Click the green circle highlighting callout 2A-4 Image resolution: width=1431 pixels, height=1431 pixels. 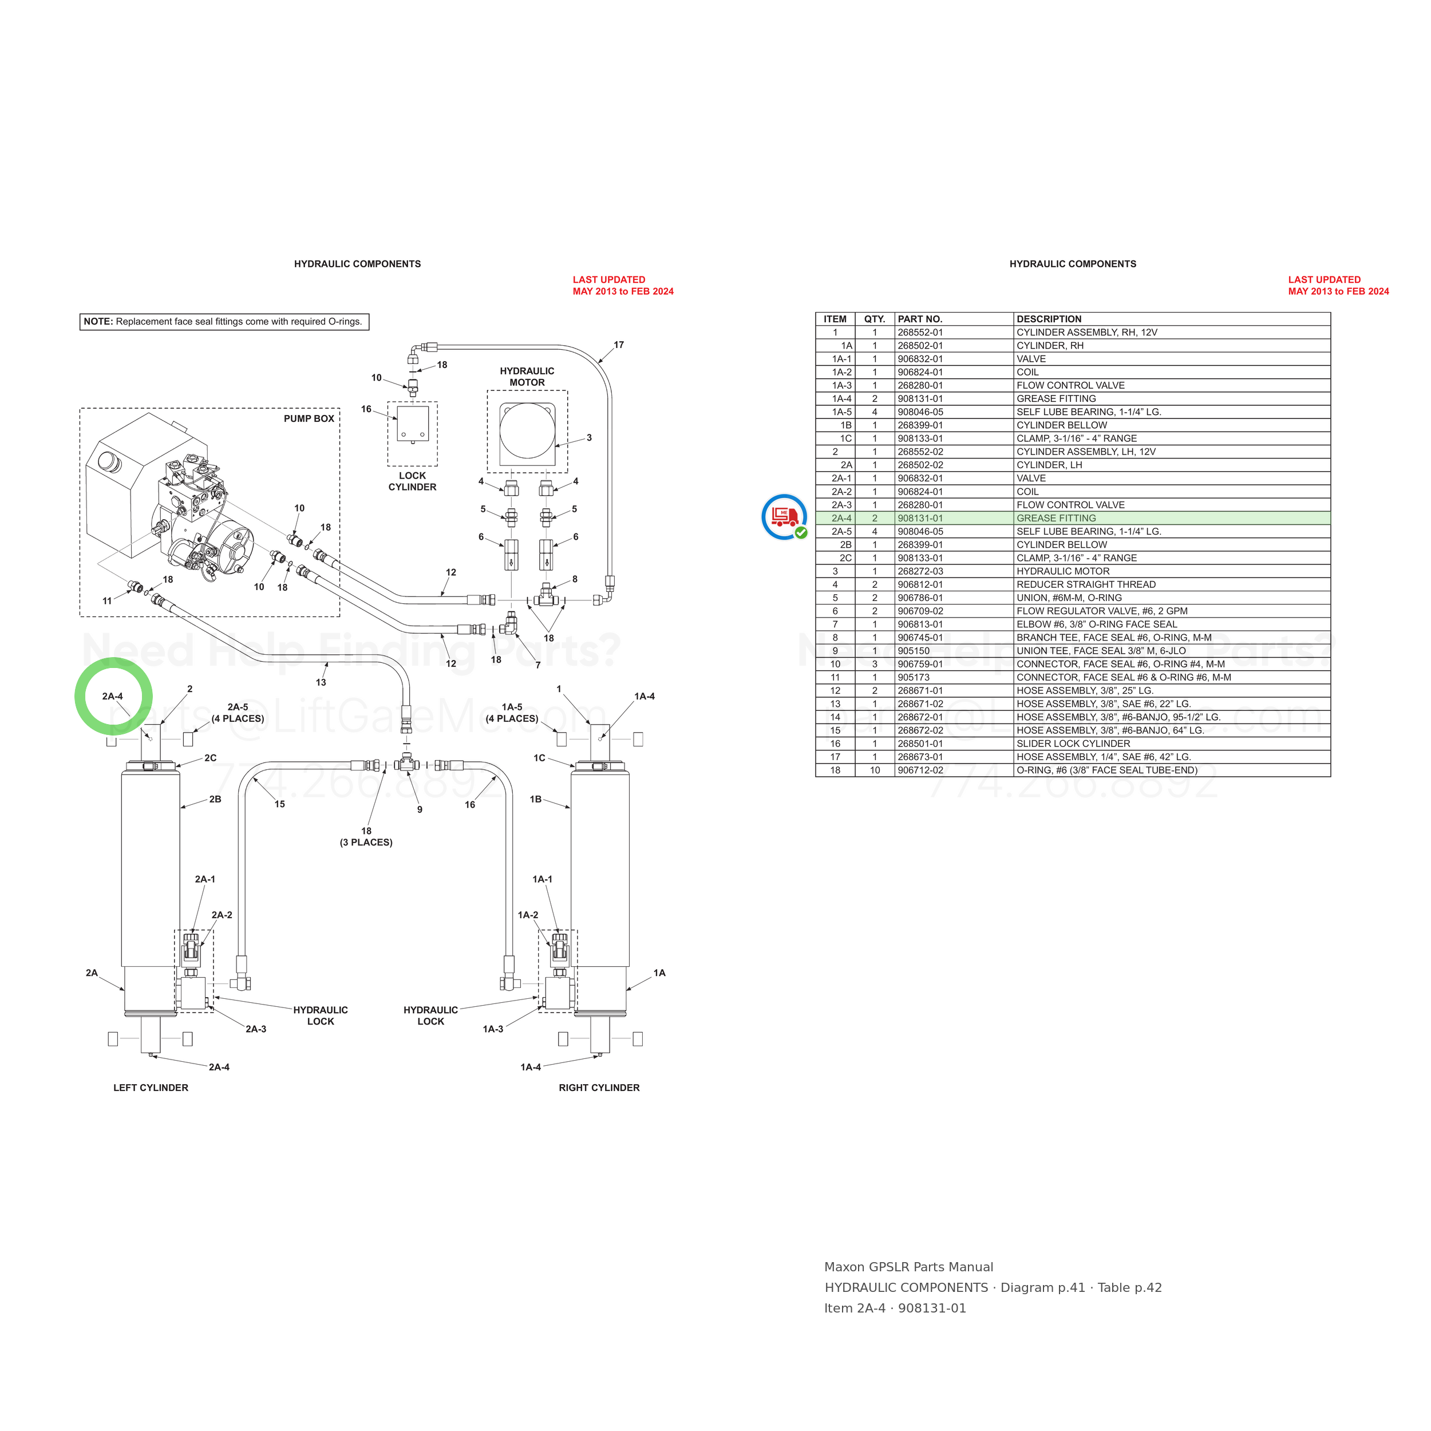pos(113,662)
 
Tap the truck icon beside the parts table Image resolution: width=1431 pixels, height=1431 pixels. pos(784,516)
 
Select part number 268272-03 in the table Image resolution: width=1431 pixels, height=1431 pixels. pos(920,571)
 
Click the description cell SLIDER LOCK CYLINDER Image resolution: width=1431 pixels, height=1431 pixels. pos(1073,744)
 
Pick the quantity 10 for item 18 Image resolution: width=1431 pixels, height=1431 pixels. pos(875,770)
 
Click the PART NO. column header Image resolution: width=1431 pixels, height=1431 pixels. pos(920,319)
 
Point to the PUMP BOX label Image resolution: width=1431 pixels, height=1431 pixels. pos(309,418)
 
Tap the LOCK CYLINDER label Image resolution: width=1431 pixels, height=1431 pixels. pos(413,481)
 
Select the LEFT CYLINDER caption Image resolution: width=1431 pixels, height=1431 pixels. pos(151,1088)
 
